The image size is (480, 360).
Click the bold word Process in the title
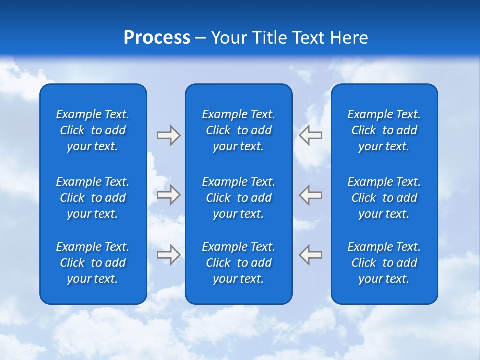157,38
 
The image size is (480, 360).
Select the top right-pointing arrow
169,135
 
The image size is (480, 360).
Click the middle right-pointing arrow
169,194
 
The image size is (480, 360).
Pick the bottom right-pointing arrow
169,254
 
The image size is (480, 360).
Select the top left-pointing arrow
310,135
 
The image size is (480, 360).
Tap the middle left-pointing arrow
310,194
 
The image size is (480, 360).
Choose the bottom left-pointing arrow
310,254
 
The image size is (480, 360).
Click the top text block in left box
93,130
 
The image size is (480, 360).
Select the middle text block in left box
93,198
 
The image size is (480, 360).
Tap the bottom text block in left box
93,263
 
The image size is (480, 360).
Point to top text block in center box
238,130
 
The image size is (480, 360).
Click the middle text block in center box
238,198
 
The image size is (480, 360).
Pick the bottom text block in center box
238,263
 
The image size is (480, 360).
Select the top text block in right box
384,130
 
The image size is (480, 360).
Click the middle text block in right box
384,198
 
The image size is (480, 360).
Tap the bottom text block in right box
384,263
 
